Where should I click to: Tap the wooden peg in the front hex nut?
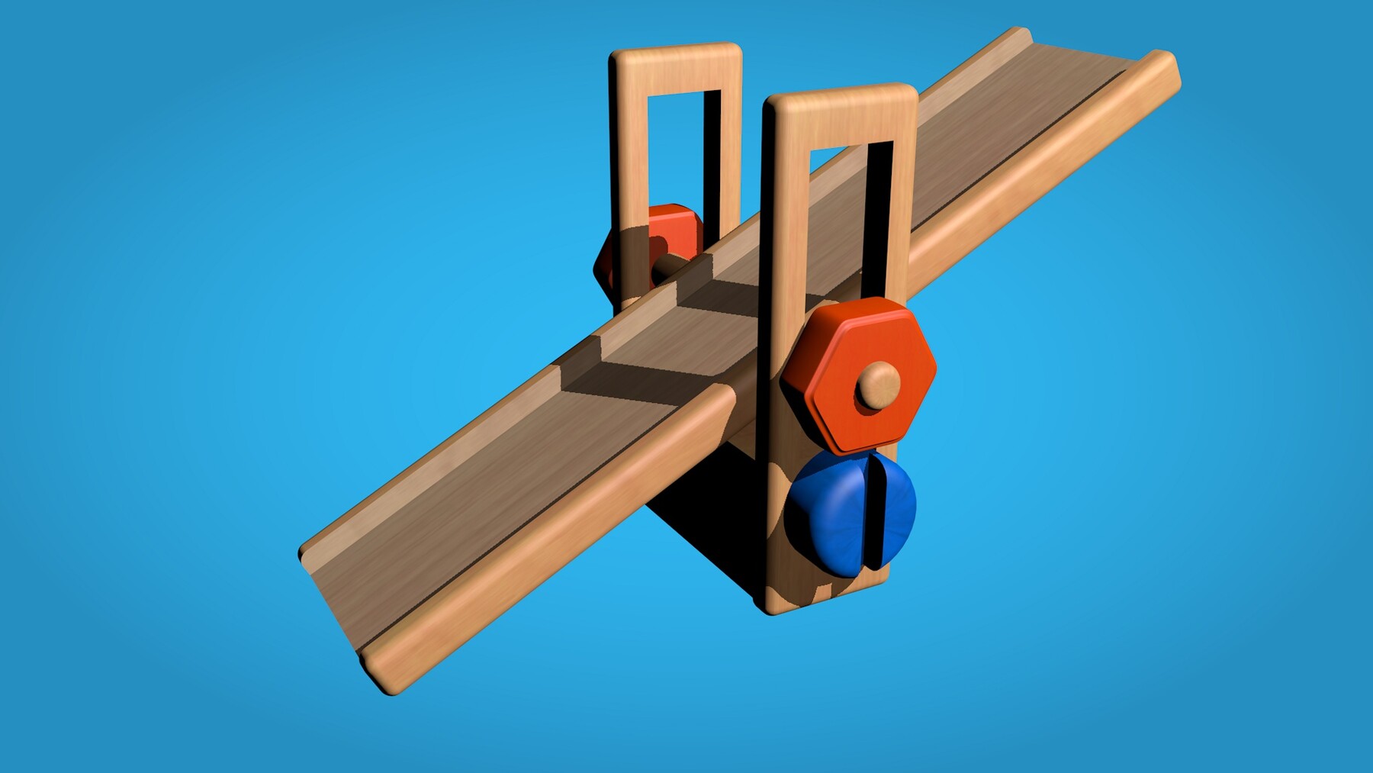coord(877,385)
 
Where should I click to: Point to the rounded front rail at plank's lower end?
coord(534,549)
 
